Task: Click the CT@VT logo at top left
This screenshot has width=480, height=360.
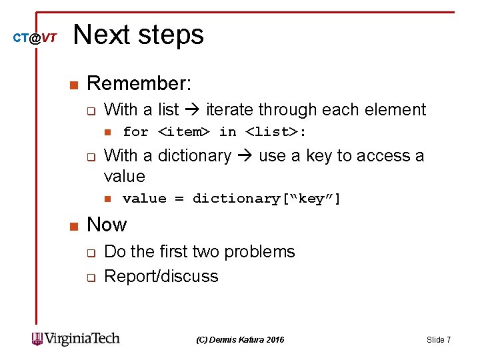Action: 35,39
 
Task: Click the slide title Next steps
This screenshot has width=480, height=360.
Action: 139,35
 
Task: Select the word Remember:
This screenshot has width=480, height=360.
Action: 139,84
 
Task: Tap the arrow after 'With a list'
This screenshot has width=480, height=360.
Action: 194,110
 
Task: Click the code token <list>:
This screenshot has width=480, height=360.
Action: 276,132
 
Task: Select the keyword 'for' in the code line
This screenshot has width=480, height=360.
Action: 135,132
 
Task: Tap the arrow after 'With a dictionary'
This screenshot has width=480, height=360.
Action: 245,156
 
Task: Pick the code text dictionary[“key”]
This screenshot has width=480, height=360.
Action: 267,199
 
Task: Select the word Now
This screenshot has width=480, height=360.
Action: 107,225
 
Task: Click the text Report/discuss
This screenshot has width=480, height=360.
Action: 161,277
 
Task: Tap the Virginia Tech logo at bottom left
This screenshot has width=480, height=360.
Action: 76,339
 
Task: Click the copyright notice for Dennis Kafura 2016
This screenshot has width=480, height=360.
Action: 240,340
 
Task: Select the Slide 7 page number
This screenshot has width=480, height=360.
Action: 438,340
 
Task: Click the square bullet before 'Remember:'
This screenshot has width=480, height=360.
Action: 73,85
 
